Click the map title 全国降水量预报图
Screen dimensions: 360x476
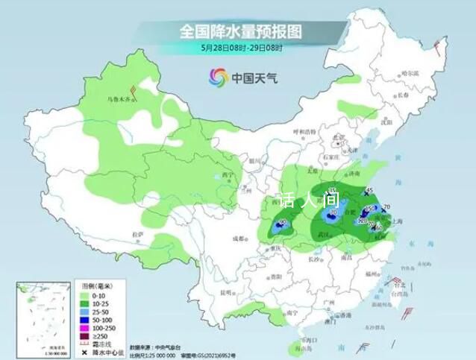(239, 31)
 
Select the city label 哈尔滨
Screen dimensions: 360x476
(410, 73)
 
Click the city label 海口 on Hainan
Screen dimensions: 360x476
(303, 338)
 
